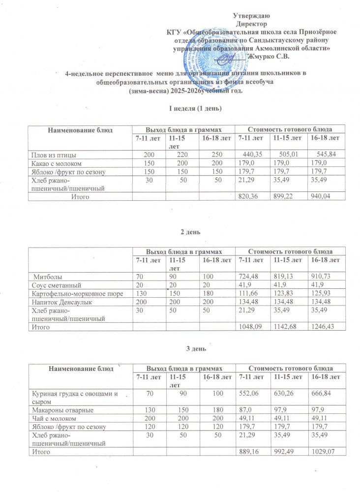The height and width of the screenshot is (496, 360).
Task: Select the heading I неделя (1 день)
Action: (x=189, y=108)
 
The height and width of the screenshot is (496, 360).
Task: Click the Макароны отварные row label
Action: (x=56, y=409)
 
